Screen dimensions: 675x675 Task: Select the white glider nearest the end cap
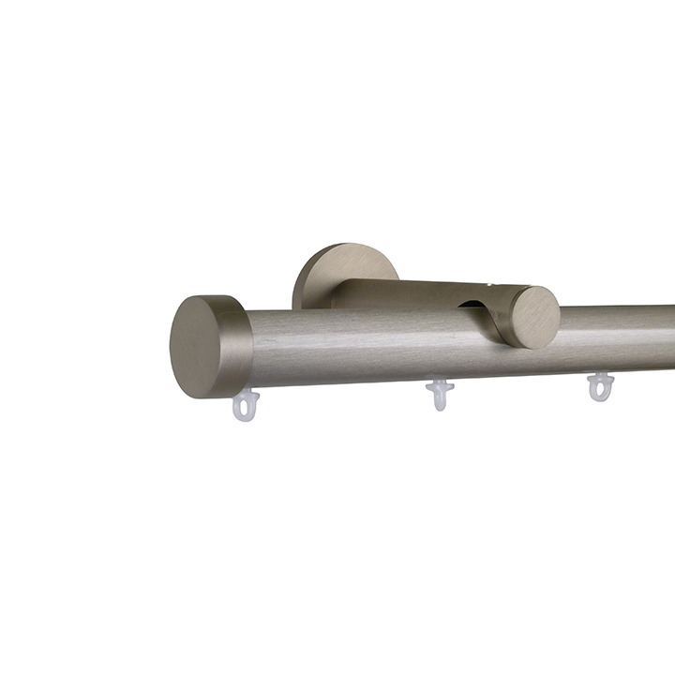click(x=246, y=405)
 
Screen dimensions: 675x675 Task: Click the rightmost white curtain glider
click(x=599, y=386)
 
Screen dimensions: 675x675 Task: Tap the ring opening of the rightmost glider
click(x=599, y=391)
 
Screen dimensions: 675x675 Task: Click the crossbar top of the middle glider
click(x=439, y=383)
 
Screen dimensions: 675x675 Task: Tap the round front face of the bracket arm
click(x=533, y=317)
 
